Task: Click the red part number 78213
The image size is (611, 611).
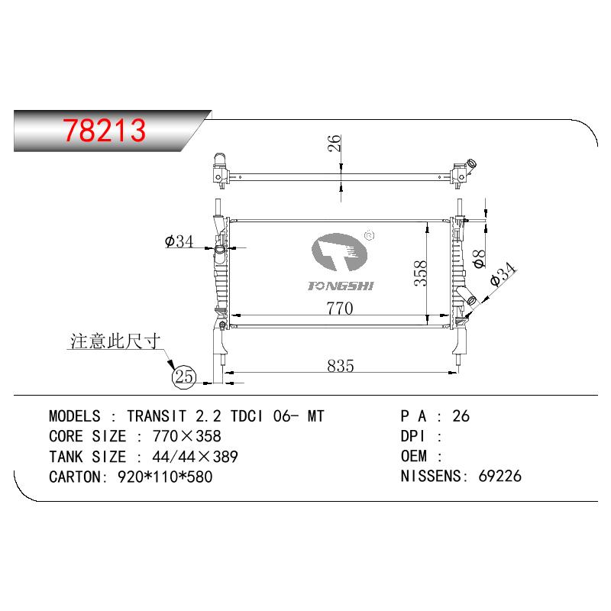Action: [105, 130]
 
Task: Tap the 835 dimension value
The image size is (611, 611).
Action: [340, 366]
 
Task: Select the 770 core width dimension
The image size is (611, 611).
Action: [340, 308]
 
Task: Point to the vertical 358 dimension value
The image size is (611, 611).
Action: [420, 273]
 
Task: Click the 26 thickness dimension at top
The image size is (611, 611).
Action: [335, 143]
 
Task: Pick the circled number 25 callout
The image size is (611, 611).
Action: [184, 377]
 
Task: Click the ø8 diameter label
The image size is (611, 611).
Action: [479, 259]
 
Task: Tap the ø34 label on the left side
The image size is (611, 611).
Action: [179, 241]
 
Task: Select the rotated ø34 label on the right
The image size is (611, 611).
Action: [503, 274]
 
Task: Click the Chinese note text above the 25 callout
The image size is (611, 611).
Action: [115, 341]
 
